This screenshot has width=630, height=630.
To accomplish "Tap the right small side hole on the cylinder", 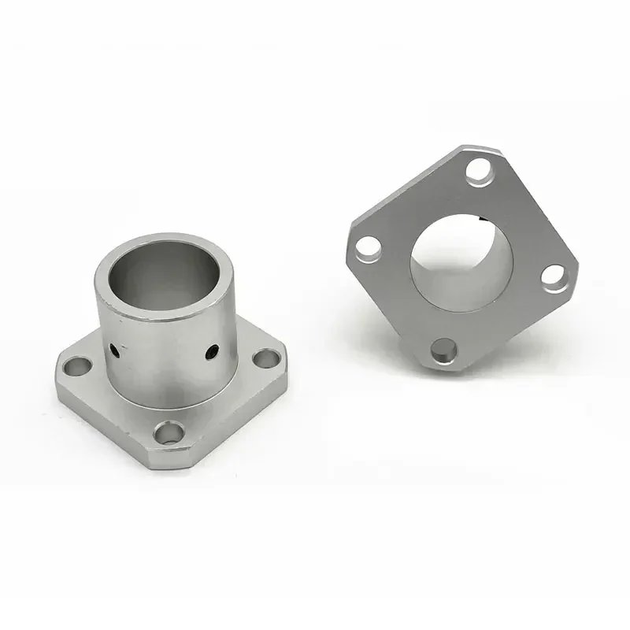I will click(x=211, y=352).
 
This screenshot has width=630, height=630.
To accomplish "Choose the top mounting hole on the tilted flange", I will click(x=478, y=169).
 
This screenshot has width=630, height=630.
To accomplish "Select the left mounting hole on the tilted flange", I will click(x=365, y=250).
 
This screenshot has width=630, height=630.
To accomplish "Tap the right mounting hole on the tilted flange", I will click(x=555, y=278).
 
